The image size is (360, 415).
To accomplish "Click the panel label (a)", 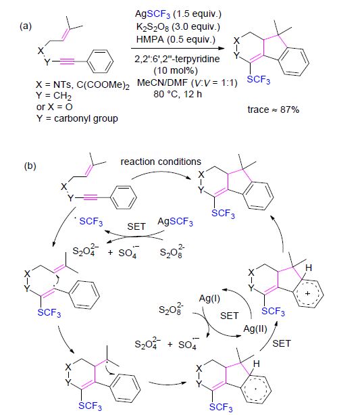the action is pyautogui.click(x=26, y=26).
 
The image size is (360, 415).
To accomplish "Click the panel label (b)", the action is pyautogui.click(x=30, y=166).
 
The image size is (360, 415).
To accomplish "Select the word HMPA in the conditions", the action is pyautogui.click(x=150, y=39).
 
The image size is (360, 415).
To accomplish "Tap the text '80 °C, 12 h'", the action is pyautogui.click(x=178, y=94).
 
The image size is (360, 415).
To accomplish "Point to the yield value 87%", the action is pyautogui.click(x=290, y=109).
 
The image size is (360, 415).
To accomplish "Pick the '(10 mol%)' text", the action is pyautogui.click(x=176, y=71).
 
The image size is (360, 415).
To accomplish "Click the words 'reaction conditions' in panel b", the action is pyautogui.click(x=161, y=162).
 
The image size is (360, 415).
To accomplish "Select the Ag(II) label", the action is pyautogui.click(x=255, y=329).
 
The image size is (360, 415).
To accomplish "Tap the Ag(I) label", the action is pyautogui.click(x=209, y=299).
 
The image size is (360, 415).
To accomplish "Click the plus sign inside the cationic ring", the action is pyautogui.click(x=307, y=293).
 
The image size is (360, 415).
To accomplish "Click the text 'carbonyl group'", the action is pyautogui.click(x=86, y=118).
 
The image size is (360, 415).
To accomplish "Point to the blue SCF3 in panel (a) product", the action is pyautogui.click(x=259, y=79).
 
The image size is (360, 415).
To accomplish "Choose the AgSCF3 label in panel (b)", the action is pyautogui.click(x=175, y=222).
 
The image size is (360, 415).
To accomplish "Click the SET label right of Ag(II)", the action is pyautogui.click(x=282, y=343).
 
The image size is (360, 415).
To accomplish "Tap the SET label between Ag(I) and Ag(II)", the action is pyautogui.click(x=230, y=316).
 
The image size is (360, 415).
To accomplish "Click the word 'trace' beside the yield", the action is pyautogui.click(x=258, y=110).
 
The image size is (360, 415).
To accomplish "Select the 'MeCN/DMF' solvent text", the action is pyautogui.click(x=162, y=83).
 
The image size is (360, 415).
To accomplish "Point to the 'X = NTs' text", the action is pyautogui.click(x=53, y=84).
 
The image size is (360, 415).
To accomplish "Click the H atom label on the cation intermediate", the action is pyautogui.click(x=309, y=268).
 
